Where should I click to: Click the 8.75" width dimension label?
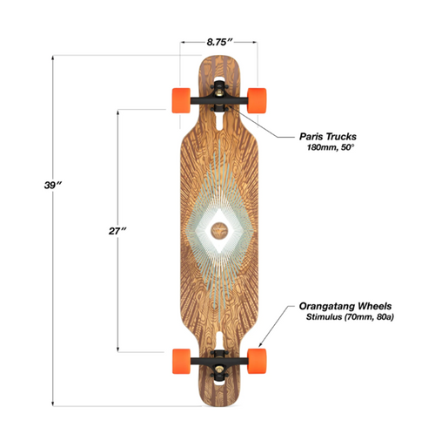(218, 40)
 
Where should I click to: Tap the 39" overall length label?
(53, 186)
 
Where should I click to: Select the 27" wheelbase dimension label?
(119, 230)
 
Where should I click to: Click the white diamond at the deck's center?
(218, 230)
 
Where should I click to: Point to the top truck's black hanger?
(218, 99)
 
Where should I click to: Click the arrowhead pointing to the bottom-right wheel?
(262, 347)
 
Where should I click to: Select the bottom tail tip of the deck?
(218, 404)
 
